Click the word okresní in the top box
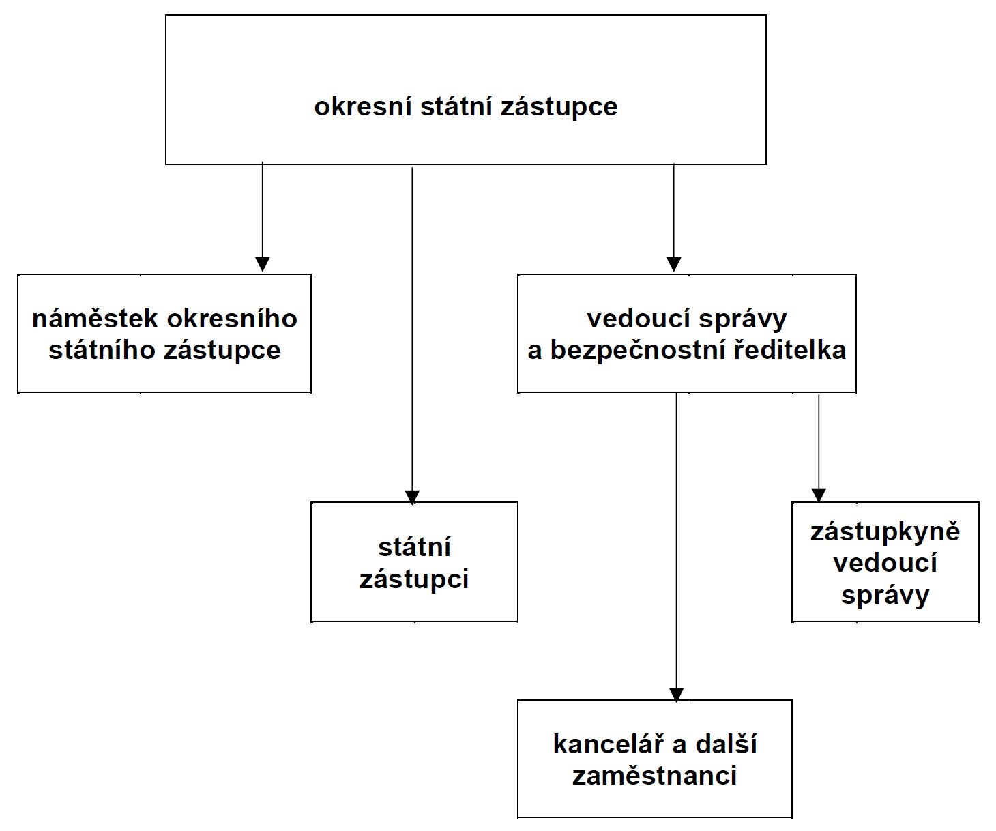[x=363, y=106]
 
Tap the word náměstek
[x=94, y=318]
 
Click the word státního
[x=102, y=350]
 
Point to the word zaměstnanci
[x=654, y=775]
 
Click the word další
[x=727, y=744]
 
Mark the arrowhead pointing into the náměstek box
[x=263, y=264]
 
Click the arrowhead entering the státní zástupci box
[x=412, y=497]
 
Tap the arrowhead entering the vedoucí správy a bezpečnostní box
[x=673, y=264]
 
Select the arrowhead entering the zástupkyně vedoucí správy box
[x=819, y=495]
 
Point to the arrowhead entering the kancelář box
[x=677, y=695]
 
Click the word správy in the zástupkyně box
[x=885, y=596]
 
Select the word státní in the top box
[x=456, y=106]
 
